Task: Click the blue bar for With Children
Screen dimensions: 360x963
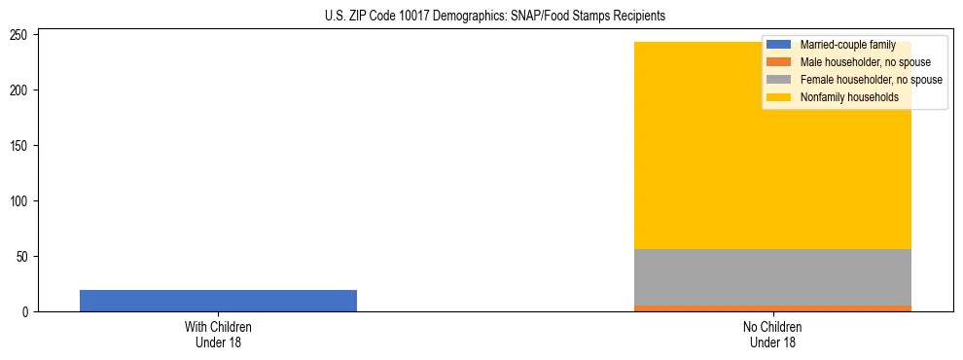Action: click(x=218, y=301)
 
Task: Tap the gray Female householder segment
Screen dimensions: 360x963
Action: click(x=772, y=277)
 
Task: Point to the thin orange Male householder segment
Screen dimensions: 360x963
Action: click(x=772, y=308)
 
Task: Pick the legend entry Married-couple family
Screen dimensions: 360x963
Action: click(x=847, y=45)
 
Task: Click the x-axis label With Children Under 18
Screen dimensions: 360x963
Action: click(x=218, y=334)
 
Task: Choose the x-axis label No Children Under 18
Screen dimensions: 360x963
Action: click(x=772, y=334)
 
